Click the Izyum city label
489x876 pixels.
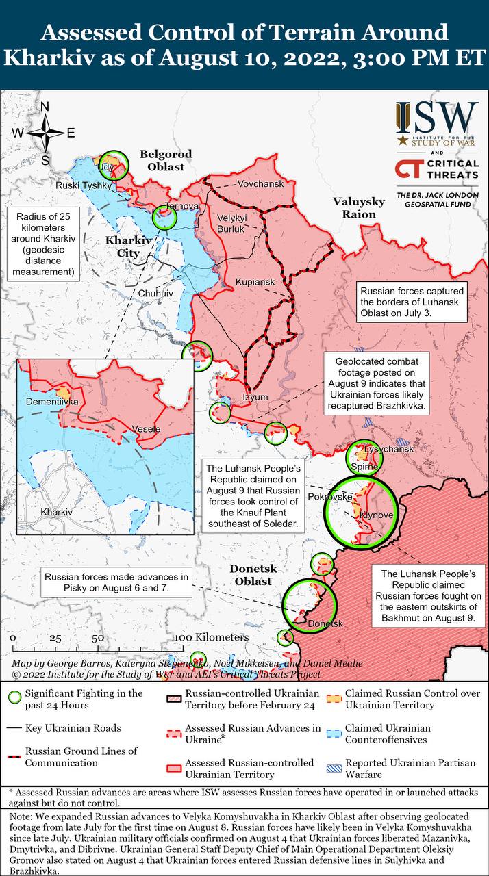(x=255, y=397)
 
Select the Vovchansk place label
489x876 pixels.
(x=260, y=184)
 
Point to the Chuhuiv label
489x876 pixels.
(x=156, y=292)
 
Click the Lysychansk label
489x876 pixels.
(x=390, y=449)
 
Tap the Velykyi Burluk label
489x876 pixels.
(x=230, y=223)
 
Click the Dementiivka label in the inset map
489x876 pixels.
(x=52, y=402)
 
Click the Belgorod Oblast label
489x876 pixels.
(x=166, y=160)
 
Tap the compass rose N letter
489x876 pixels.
(x=45, y=107)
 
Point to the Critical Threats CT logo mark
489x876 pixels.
(x=409, y=170)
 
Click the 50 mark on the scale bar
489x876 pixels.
(x=98, y=637)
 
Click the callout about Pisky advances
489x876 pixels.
(x=116, y=582)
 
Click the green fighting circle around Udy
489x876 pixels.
(x=113, y=165)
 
